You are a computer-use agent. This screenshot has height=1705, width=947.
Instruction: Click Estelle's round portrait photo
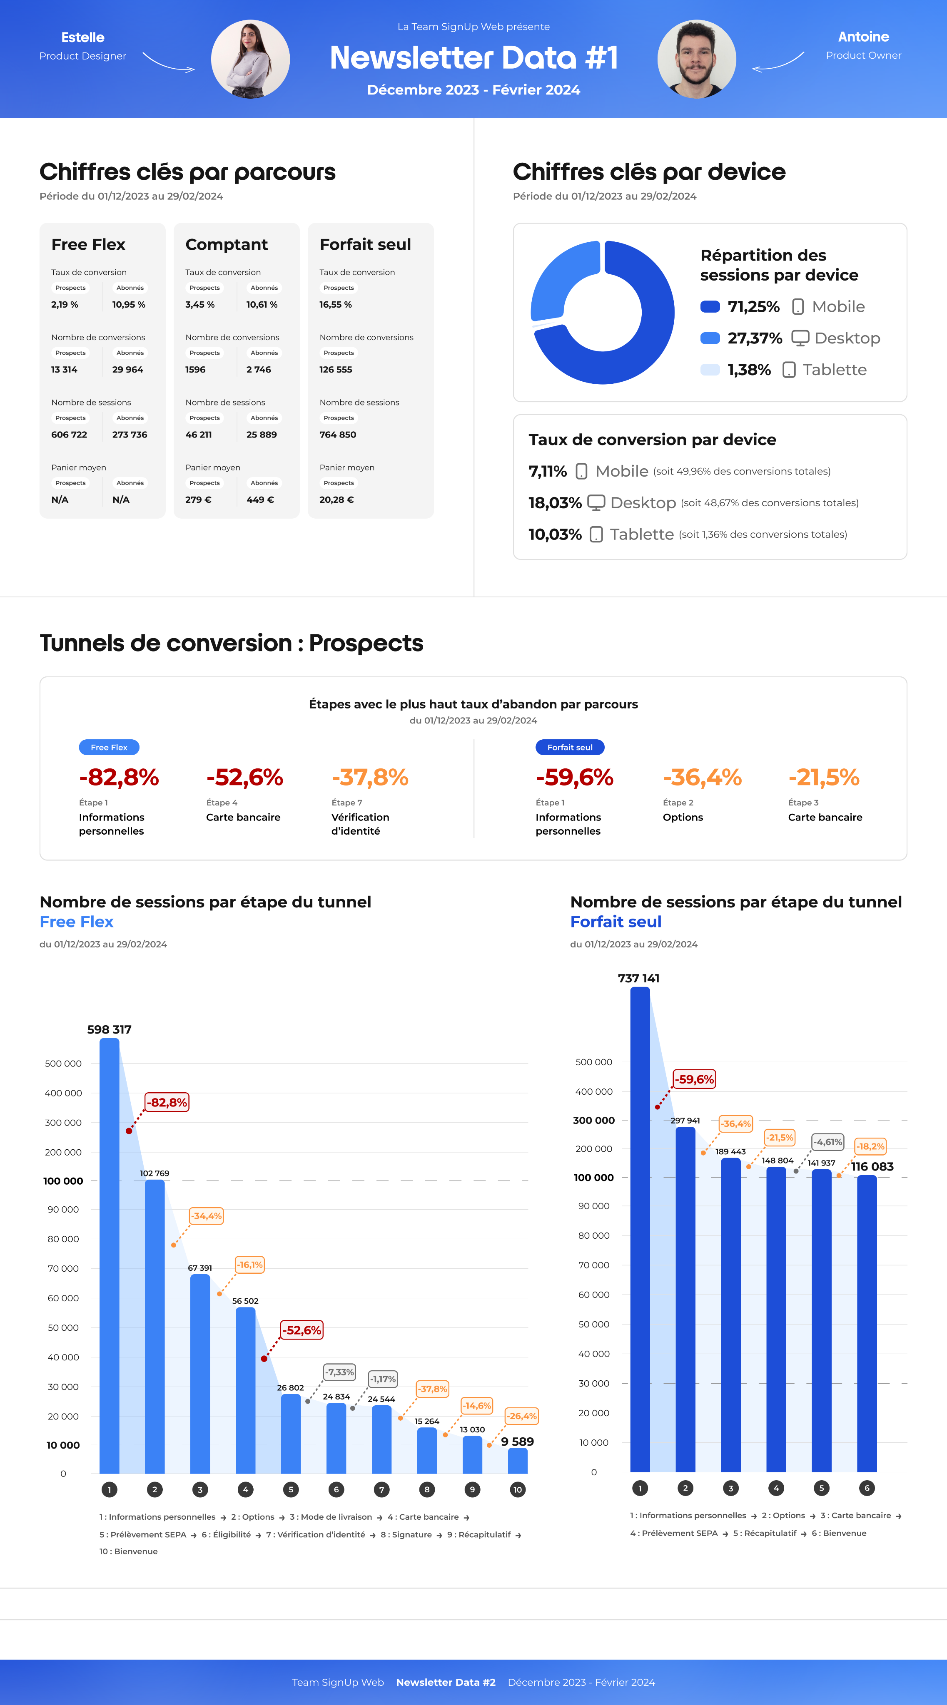[250, 59]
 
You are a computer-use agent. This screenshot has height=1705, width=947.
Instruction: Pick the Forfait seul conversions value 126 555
[336, 369]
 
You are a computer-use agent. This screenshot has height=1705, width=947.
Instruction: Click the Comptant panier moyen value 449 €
[260, 500]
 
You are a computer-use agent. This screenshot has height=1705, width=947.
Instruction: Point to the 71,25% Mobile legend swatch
[710, 306]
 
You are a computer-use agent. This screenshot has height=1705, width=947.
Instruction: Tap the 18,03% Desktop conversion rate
[555, 503]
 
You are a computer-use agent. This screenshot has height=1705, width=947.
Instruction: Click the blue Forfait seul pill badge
[570, 747]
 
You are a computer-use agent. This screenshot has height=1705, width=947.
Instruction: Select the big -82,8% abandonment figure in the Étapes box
[119, 777]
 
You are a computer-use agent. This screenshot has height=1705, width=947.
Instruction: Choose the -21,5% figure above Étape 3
[824, 777]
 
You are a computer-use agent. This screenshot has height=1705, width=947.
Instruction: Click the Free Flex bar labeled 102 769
[155, 1324]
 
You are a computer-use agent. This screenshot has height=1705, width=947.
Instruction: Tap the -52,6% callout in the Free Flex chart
[302, 1330]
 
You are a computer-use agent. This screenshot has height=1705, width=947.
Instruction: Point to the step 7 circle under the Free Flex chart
[381, 1489]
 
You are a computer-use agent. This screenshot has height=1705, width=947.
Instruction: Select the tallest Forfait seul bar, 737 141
[640, 1225]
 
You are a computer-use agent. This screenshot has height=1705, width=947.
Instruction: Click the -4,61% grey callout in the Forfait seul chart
[828, 1142]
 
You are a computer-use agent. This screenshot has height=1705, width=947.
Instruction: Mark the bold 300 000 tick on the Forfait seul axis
[594, 1121]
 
